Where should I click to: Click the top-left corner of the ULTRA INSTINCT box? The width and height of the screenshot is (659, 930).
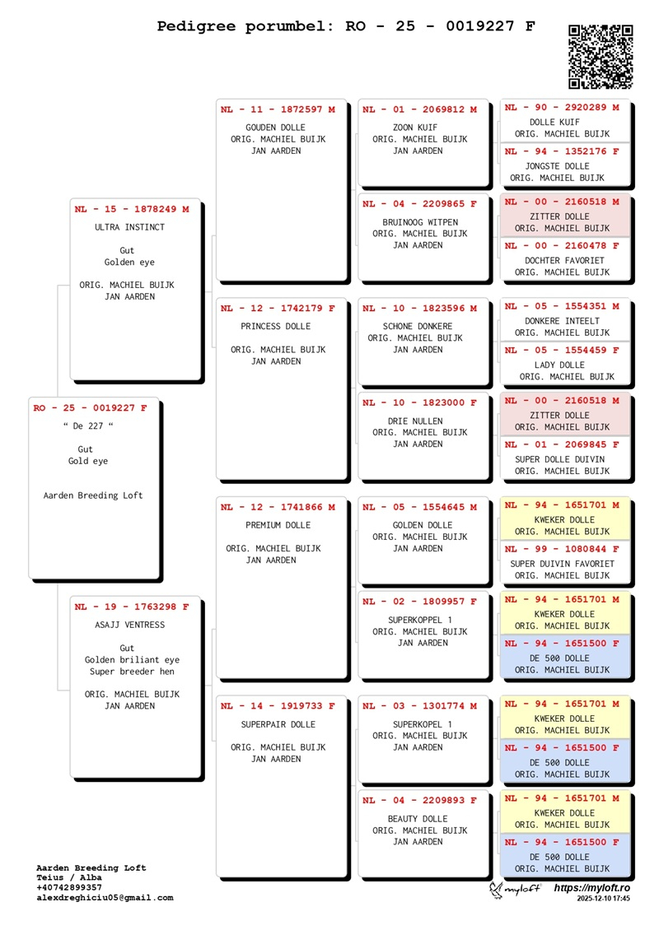pos(70,198)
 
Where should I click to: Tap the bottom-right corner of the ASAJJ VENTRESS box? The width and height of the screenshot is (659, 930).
pos(201,778)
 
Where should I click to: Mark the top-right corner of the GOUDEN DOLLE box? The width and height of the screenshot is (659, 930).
pos(347,99)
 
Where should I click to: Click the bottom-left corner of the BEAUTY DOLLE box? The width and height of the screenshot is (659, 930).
pos(358,877)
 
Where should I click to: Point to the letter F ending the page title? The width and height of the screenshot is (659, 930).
pos(530,26)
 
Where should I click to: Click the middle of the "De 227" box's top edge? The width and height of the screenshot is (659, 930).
pos(94,398)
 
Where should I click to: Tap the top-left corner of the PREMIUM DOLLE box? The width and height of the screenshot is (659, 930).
pos(216,497)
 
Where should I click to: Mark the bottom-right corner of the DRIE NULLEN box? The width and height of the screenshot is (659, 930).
pos(488,479)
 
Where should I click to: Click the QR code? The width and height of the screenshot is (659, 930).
pos(601,56)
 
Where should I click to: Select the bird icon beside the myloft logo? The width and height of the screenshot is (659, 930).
pos(496,890)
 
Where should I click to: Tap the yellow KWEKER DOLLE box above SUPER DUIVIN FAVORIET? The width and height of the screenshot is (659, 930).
pos(565,518)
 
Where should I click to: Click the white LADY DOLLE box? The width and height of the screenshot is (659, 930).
pos(565,363)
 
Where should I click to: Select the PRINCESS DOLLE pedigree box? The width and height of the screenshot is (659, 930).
pos(282,388)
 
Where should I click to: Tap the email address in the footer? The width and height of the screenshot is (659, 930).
pos(105,898)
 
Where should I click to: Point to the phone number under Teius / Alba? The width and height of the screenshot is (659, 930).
pos(69,888)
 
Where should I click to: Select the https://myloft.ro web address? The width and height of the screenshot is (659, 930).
pos(592,888)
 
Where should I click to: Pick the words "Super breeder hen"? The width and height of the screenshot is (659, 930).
pos(132,672)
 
